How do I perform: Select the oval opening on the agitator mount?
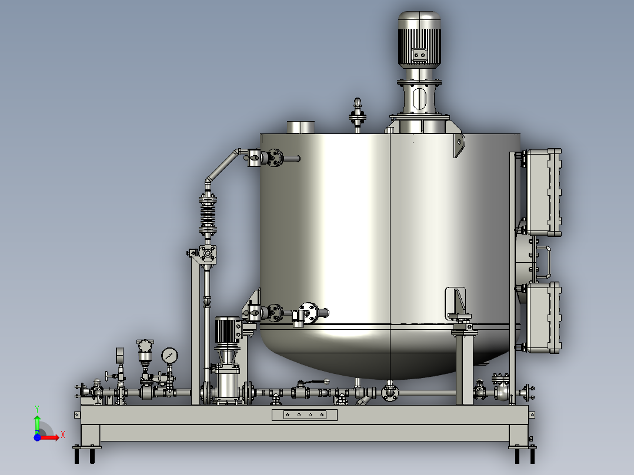tap(420, 99)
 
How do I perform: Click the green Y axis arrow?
tap(37, 423)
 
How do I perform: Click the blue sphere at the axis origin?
tap(37, 437)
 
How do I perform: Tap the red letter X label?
tap(63, 435)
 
